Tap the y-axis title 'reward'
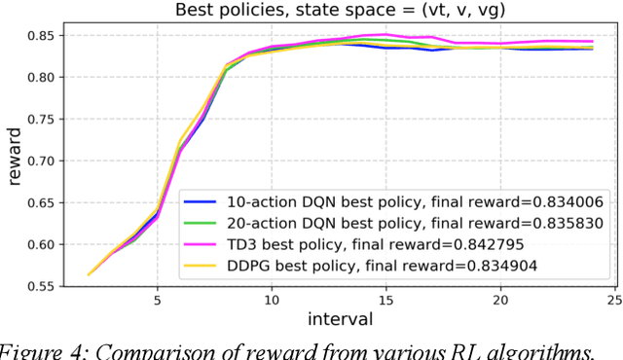point(14,159)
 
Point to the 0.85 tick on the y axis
point(42,36)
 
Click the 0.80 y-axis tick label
point(42,76)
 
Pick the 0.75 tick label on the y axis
point(42,116)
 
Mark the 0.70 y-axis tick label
point(42,156)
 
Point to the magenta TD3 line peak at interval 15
point(385,35)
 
